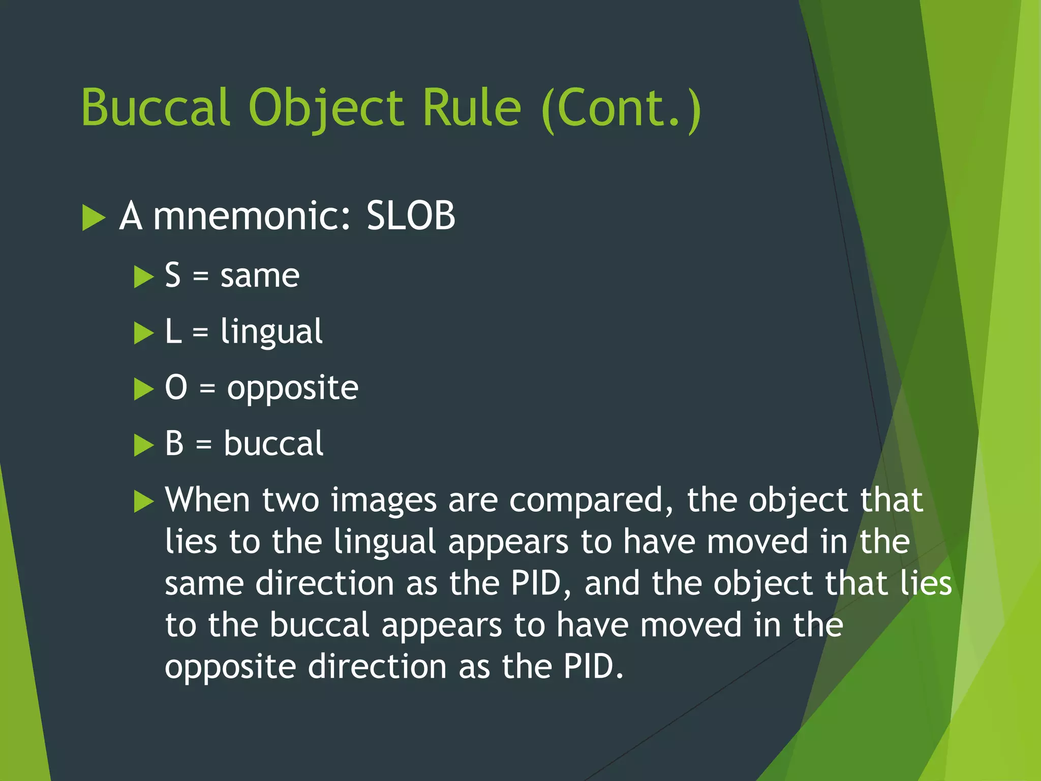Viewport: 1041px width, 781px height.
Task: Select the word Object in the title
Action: point(326,108)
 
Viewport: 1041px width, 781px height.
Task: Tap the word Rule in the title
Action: point(472,107)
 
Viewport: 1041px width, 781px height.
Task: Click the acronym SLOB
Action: point(411,216)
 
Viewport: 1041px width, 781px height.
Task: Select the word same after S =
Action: point(260,276)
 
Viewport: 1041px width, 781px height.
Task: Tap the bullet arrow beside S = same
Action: point(143,277)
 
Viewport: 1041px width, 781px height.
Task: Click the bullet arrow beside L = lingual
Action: point(143,333)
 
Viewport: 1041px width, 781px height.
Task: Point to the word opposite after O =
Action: point(293,389)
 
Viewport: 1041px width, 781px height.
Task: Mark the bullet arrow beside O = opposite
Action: point(143,389)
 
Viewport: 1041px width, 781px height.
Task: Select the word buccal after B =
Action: point(273,443)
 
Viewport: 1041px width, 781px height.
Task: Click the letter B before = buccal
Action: point(174,443)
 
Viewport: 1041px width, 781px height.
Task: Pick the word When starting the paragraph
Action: point(207,500)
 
